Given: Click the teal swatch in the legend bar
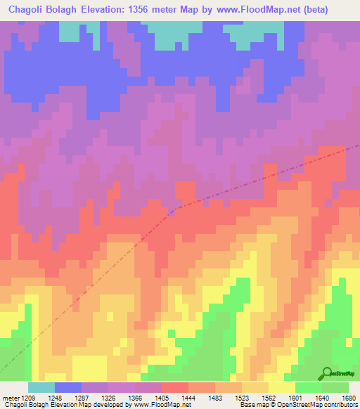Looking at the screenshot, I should coord(41,387).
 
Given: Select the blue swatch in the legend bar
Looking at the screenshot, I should coord(68,387).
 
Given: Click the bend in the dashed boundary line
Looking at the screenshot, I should coord(176,207).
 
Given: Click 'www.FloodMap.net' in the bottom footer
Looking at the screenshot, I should coord(157,405).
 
